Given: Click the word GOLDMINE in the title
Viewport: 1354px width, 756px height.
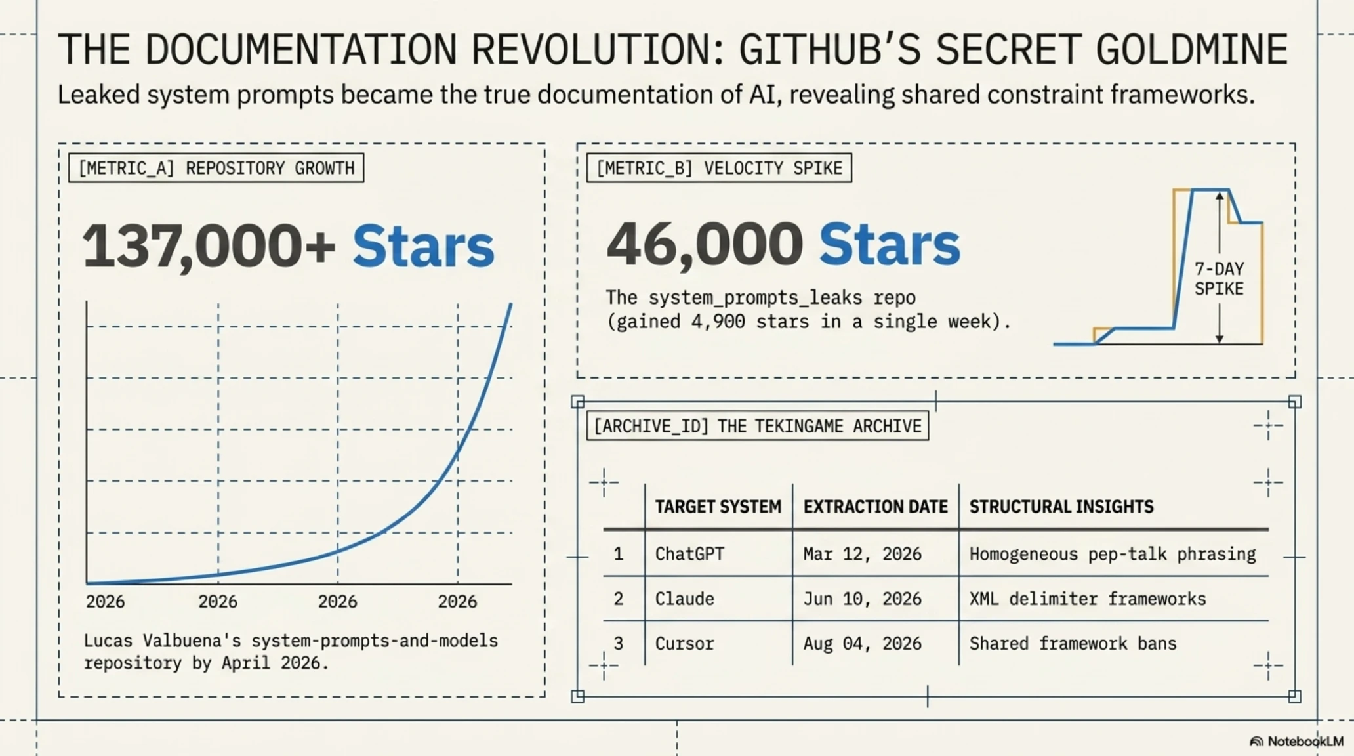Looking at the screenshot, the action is pyautogui.click(x=1192, y=49).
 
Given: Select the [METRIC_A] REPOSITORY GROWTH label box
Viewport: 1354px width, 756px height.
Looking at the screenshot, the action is pyautogui.click(x=216, y=168).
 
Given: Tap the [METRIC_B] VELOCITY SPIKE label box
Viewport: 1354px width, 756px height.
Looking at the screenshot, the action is pyautogui.click(x=719, y=168).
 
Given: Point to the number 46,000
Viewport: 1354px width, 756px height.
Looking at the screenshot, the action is pyautogui.click(x=705, y=244).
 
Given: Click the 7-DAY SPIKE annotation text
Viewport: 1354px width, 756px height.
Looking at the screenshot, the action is pyautogui.click(x=1219, y=279).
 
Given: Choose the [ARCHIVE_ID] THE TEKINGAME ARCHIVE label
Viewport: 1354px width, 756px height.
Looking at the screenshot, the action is pyautogui.click(x=758, y=426).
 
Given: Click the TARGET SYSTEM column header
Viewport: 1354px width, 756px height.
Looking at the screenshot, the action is pyautogui.click(x=718, y=507).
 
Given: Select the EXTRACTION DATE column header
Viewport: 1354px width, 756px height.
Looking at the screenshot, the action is pyautogui.click(x=876, y=507).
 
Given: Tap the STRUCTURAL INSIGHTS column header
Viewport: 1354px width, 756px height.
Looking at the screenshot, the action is pyautogui.click(x=1061, y=507).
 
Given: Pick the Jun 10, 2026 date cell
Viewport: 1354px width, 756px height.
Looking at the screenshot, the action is pyautogui.click(x=862, y=598).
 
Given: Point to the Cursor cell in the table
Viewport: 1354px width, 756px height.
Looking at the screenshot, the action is pyautogui.click(x=684, y=643).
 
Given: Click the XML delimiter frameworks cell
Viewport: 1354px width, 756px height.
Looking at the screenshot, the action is pyautogui.click(x=1088, y=598).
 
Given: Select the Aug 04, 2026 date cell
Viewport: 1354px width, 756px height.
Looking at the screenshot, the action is pyautogui.click(x=862, y=643).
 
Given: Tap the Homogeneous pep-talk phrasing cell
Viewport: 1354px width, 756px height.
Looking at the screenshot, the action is pyautogui.click(x=1113, y=555).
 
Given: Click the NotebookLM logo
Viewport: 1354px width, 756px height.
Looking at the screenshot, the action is pyautogui.click(x=1296, y=742).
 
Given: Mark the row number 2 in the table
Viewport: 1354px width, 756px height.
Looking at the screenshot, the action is pyautogui.click(x=618, y=598).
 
